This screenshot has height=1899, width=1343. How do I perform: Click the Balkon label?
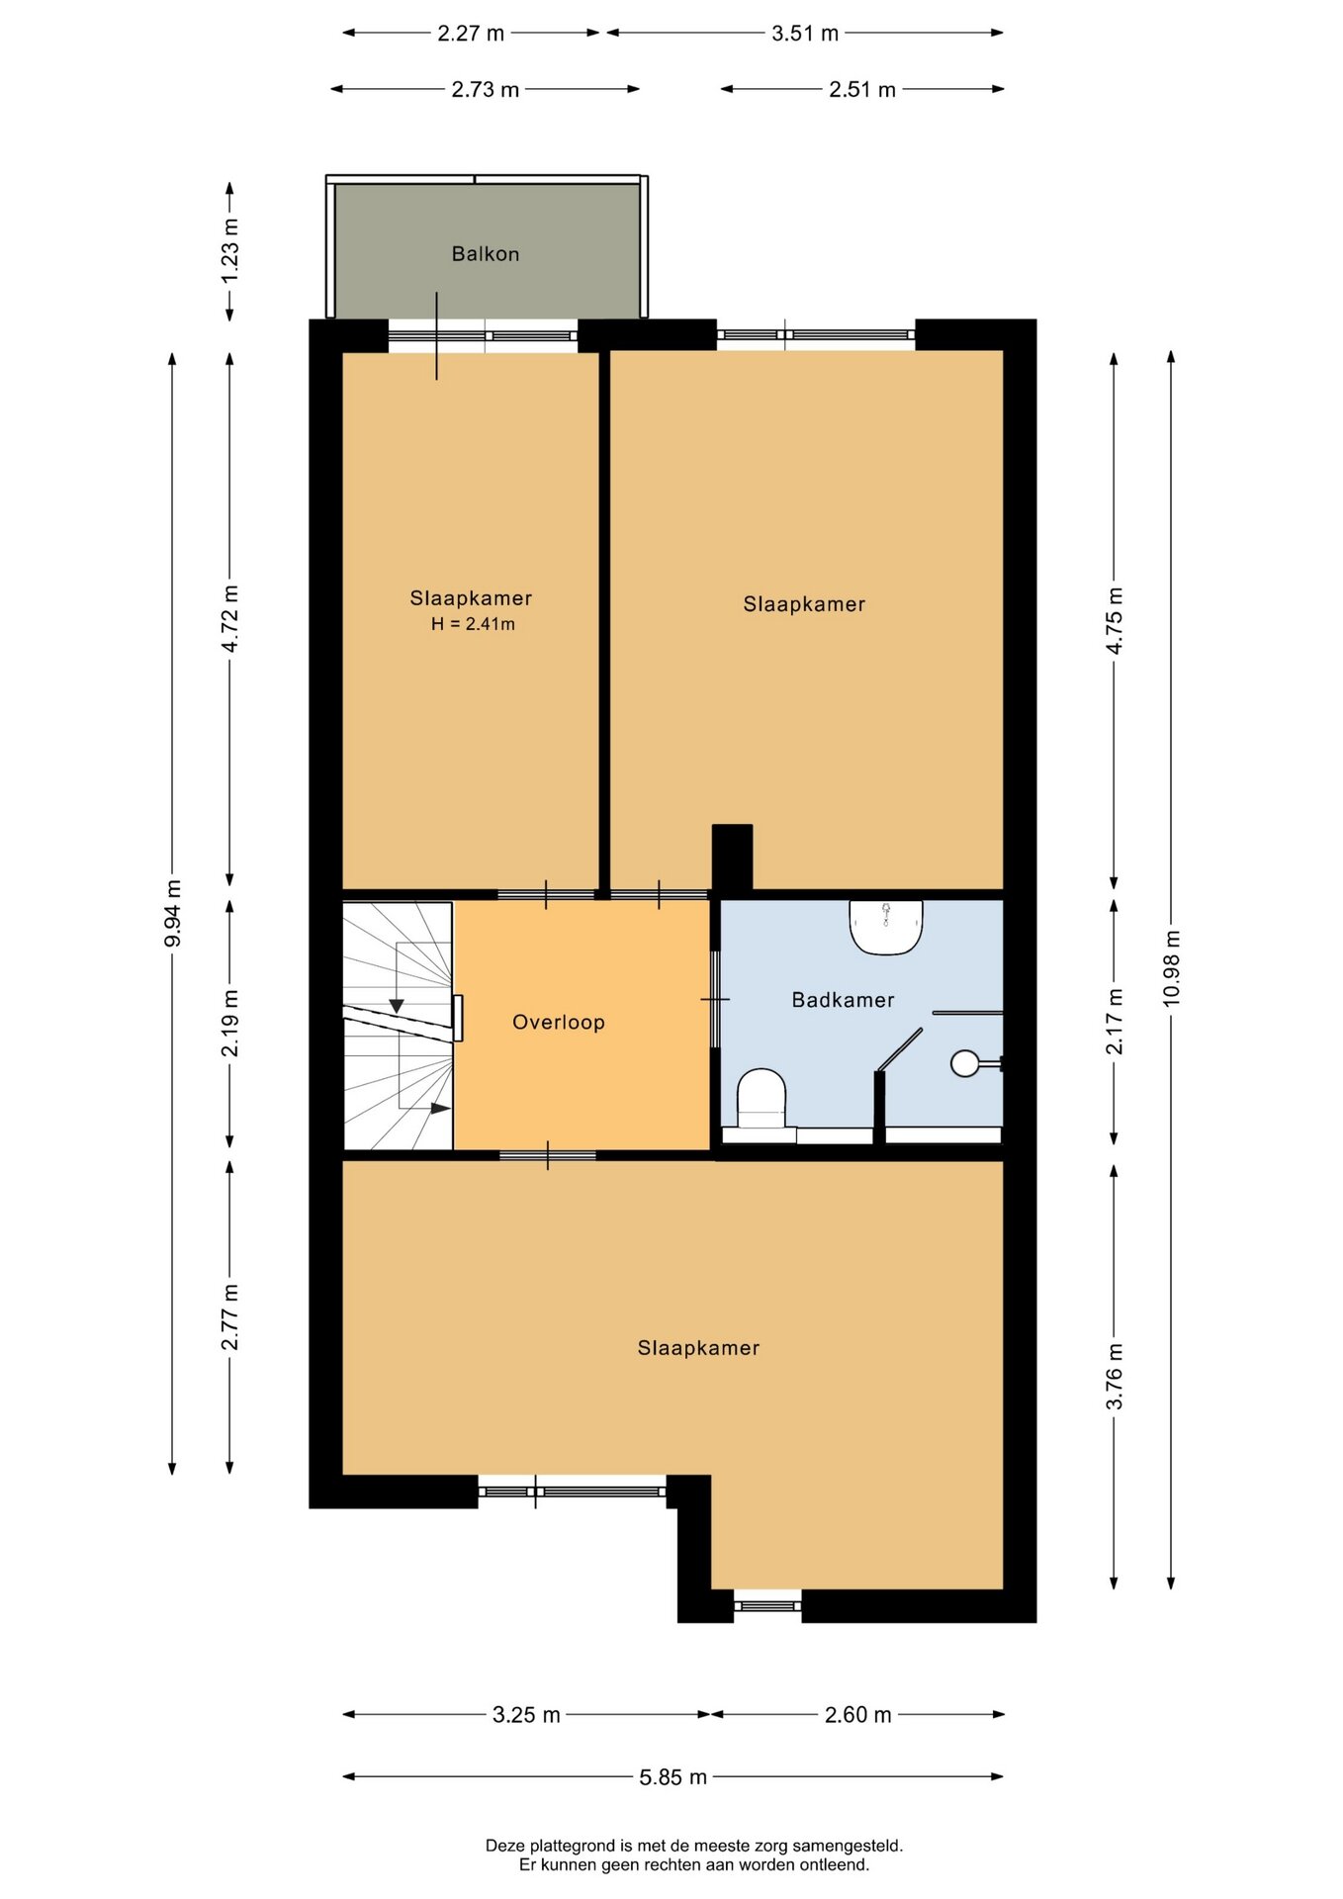(x=485, y=254)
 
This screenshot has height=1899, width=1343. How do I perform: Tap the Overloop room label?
(x=558, y=1023)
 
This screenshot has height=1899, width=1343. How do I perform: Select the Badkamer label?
(x=843, y=1000)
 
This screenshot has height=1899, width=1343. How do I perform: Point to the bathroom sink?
(x=886, y=927)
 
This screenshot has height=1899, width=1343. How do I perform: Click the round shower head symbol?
(x=964, y=1063)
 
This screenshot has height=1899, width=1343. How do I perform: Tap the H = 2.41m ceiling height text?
(x=473, y=624)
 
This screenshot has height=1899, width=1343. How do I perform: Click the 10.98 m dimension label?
(x=1171, y=968)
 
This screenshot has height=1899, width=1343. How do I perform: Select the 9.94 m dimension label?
(x=172, y=913)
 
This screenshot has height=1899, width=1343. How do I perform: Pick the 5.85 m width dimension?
(x=672, y=1777)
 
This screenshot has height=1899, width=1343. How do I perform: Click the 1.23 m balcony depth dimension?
(x=229, y=249)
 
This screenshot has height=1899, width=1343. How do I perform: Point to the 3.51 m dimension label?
(x=805, y=34)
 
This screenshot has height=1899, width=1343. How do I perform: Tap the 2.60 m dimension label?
(x=857, y=1715)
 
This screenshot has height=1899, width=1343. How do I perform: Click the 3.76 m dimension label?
(x=1114, y=1376)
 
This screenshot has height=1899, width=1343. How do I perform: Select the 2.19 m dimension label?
(x=229, y=1023)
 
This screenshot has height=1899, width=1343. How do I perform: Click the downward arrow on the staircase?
(x=397, y=1006)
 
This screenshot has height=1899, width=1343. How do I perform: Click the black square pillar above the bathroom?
(x=732, y=858)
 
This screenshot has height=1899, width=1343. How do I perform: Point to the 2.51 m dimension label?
(x=862, y=90)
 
